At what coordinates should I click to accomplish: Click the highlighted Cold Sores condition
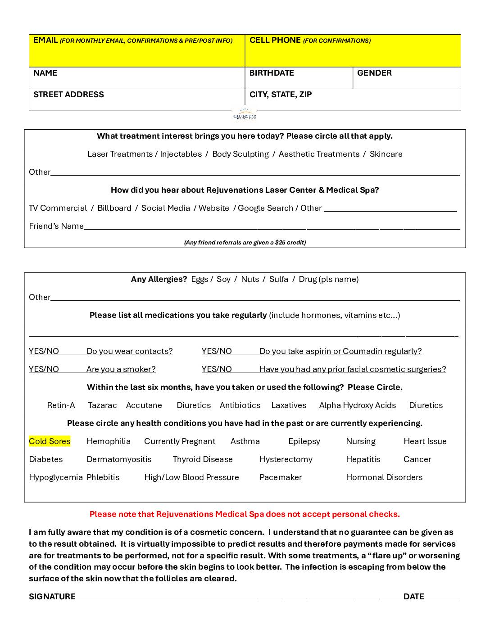pyautogui.click(x=50, y=441)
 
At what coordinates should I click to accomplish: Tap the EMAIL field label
pyautogui.click(x=45, y=40)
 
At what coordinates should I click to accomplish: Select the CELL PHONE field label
pyautogui.click(x=275, y=40)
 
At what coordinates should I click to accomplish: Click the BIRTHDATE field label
pyautogui.click(x=272, y=73)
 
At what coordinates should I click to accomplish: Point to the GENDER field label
pyautogui.click(x=374, y=73)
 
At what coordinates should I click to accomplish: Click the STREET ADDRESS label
pyautogui.click(x=68, y=95)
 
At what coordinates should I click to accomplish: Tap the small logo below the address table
pyautogui.click(x=244, y=115)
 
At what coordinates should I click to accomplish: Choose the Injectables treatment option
pyautogui.click(x=181, y=154)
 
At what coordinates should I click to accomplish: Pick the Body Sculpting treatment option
pyautogui.click(x=240, y=154)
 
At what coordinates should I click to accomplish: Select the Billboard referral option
pyautogui.click(x=114, y=208)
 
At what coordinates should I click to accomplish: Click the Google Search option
pyautogui.click(x=265, y=208)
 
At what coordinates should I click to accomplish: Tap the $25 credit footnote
pyautogui.click(x=245, y=242)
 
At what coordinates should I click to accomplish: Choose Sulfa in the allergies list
pyautogui.click(x=278, y=279)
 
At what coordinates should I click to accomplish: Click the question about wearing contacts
pyautogui.click(x=130, y=351)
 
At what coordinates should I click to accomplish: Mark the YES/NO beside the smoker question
pyautogui.click(x=44, y=369)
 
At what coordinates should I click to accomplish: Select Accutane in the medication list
pyautogui.click(x=144, y=405)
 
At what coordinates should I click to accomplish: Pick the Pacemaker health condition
pyautogui.click(x=281, y=477)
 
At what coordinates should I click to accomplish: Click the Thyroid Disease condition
pyautogui.click(x=203, y=459)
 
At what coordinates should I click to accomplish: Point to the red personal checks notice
pyautogui.click(x=245, y=514)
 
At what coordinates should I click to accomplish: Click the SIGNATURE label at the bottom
pyautogui.click(x=52, y=597)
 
